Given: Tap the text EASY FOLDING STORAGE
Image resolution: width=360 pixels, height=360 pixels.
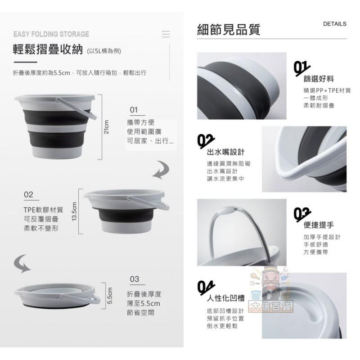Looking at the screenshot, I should [51, 34].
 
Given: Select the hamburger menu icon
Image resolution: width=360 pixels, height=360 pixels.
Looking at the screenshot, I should [166, 34].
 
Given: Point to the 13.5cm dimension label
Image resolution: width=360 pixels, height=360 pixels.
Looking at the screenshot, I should [75, 211].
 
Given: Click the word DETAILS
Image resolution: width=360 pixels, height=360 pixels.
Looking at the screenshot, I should [334, 24].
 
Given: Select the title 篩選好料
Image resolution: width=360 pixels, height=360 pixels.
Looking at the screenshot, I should [319, 79].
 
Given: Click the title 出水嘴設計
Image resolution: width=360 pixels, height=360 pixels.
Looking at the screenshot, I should [226, 152].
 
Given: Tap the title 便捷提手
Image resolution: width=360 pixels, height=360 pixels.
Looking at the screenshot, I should [319, 225].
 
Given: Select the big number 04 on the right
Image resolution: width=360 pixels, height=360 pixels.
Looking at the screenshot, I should [206, 287].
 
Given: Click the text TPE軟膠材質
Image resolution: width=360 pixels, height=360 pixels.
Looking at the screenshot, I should [43, 210].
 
